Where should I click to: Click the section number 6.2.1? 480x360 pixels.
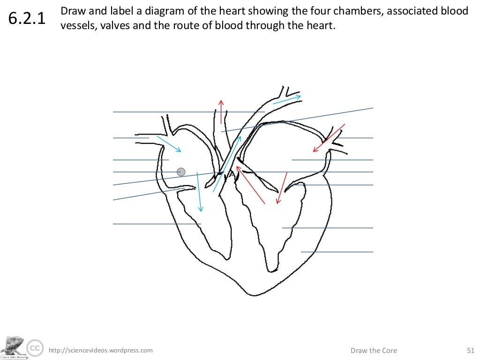(x=27, y=20)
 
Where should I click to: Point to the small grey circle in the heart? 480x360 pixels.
(x=181, y=172)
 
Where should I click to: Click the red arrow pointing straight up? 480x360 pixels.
(x=221, y=112)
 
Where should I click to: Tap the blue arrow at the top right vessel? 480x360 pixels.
(x=286, y=99)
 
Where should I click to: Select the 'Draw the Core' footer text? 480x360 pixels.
(x=374, y=350)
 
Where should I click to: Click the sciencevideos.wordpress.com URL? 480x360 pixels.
(x=101, y=350)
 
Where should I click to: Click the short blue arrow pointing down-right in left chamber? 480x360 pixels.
(x=169, y=144)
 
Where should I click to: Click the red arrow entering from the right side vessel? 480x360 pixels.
(x=329, y=138)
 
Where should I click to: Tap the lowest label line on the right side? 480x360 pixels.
(x=337, y=252)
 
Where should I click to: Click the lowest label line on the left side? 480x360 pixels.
(x=157, y=224)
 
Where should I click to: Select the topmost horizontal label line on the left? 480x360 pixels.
(x=187, y=112)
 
